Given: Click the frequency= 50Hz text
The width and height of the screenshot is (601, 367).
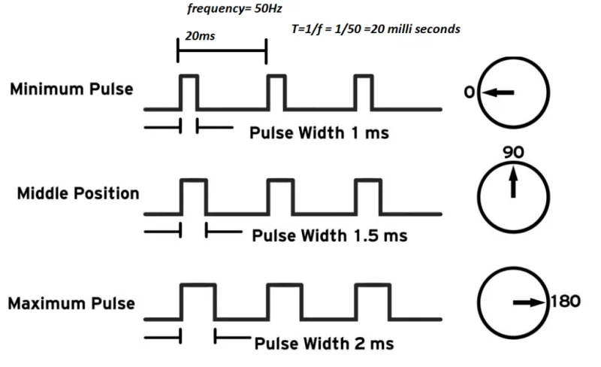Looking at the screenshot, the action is pos(234,9).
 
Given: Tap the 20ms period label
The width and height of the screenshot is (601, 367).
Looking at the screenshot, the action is pos(200,35).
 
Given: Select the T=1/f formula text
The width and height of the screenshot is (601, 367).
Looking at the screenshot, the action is pos(376,29).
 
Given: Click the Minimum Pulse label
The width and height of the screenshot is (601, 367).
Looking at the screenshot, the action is pos(71,89).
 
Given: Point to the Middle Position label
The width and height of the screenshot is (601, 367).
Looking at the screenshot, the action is pos(78,193).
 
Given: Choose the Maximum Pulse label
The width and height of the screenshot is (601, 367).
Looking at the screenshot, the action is pos(71,304).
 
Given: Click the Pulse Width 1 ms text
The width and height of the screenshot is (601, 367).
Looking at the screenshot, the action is pos(319,133).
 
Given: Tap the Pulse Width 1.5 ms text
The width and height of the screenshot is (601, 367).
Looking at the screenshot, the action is pos(330,235).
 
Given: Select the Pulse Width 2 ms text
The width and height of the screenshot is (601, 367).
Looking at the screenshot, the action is pos(325,344).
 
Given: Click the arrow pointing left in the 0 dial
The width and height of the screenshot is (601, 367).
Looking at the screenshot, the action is pos(498,93).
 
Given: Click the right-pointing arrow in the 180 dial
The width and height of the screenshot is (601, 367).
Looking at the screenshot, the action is pos(529,302).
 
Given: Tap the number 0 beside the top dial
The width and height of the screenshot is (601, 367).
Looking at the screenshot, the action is pos(470,93).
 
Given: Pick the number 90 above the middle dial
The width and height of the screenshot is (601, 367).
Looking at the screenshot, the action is pos(514,153).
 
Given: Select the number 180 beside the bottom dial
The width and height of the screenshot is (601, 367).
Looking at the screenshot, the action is pos(566,301).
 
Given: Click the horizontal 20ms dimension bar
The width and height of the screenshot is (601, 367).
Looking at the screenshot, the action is pos(222,50).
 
